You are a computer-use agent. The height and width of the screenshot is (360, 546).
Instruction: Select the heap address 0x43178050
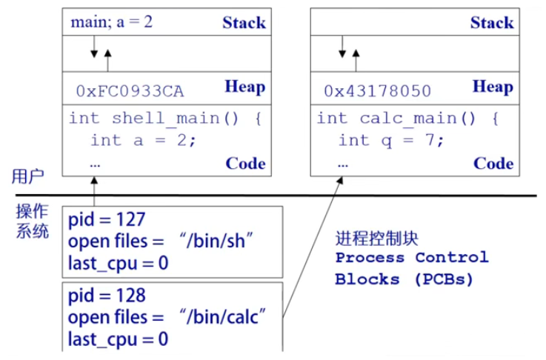(x=377, y=92)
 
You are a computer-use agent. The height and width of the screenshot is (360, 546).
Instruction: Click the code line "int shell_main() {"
(x=165, y=119)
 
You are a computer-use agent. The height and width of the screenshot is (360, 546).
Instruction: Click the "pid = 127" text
(x=107, y=220)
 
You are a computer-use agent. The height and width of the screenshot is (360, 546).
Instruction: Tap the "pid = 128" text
(x=107, y=296)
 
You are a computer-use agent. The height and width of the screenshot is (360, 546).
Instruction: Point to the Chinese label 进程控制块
(x=377, y=238)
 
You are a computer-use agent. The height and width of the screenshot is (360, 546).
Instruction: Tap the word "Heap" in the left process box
(x=244, y=88)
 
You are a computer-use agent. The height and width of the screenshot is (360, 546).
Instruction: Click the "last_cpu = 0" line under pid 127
(x=118, y=263)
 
